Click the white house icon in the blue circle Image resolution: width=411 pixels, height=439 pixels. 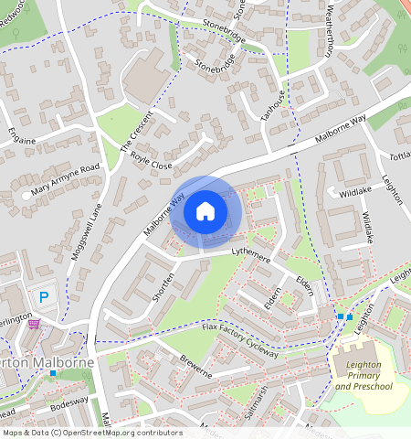point(205,211)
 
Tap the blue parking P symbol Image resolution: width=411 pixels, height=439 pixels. point(43,296)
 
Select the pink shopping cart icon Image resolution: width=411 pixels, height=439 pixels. point(34,323)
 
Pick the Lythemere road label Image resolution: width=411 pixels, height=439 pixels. point(251,259)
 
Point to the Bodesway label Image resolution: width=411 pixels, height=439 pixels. point(70,401)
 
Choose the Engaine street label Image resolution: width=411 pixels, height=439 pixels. point(22,141)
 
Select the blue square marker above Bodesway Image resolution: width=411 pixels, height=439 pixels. point(54,372)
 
